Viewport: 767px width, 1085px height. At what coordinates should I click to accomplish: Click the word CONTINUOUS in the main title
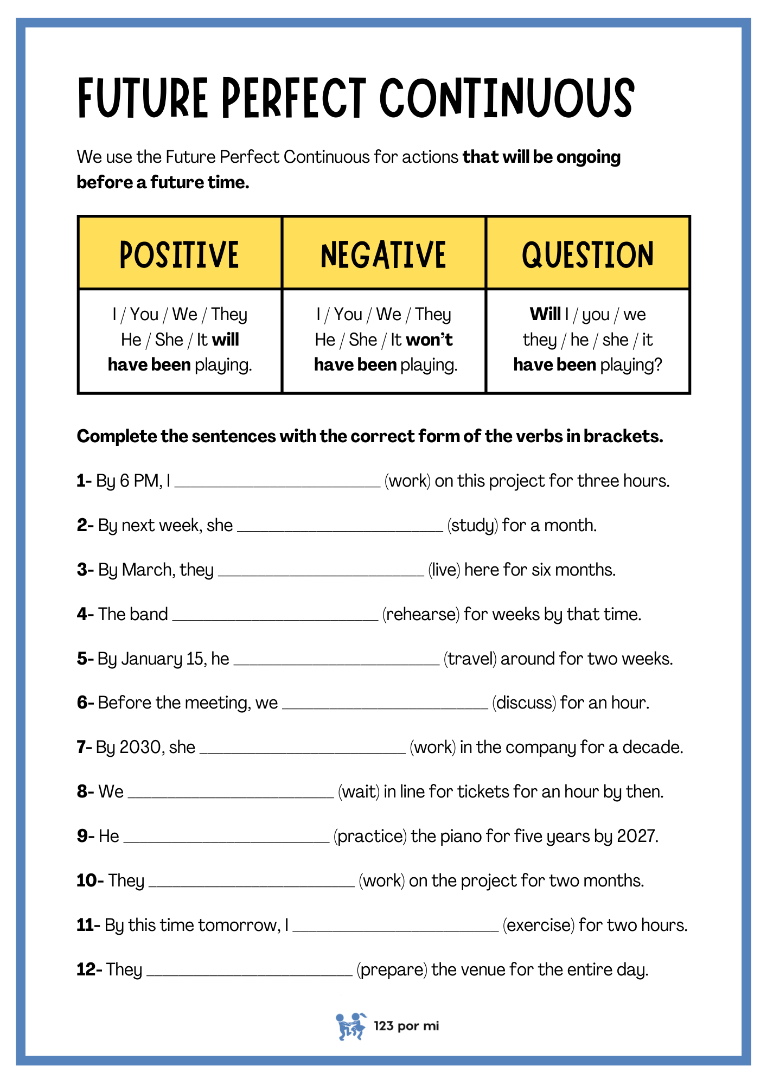(x=507, y=98)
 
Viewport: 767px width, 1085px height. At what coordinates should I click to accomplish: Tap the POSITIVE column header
(x=179, y=254)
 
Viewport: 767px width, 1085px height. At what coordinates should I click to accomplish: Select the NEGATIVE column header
(x=383, y=254)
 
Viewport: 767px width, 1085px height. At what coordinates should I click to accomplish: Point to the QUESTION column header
(x=587, y=254)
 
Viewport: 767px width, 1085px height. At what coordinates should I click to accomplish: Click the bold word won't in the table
(x=429, y=340)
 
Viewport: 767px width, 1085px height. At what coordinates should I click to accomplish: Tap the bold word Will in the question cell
(x=545, y=314)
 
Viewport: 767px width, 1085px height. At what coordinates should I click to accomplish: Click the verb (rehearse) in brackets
(x=421, y=614)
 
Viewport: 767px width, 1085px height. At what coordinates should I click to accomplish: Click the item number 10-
(x=90, y=880)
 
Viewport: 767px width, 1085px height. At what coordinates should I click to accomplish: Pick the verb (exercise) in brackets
(x=538, y=925)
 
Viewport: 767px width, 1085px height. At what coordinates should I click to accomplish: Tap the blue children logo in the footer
(x=350, y=1026)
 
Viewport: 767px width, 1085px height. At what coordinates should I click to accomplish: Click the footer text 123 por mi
(x=406, y=1026)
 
